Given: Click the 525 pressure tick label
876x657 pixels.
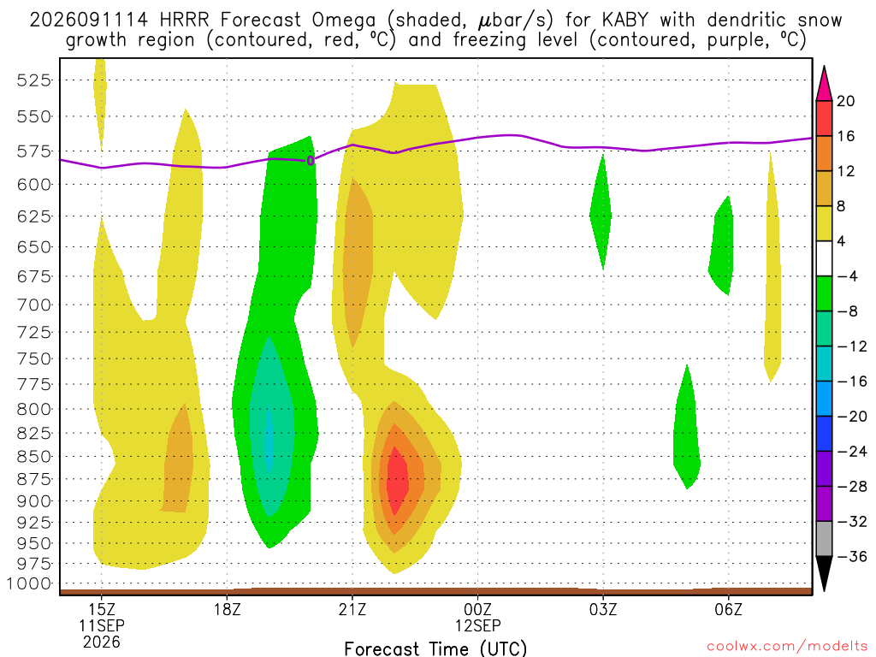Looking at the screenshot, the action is (33, 80).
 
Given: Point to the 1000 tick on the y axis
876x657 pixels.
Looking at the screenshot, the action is (28, 583).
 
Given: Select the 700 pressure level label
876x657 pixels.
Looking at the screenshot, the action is (33, 305).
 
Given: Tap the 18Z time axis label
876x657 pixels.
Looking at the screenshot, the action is (227, 609).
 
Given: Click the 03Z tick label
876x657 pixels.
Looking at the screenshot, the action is (603, 609).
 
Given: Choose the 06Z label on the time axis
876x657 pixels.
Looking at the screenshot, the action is (728, 609).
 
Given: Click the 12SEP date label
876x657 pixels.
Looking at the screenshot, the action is (477, 625).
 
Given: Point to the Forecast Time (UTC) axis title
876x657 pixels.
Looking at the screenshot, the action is (435, 648).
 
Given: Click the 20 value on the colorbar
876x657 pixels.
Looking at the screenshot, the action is (845, 101).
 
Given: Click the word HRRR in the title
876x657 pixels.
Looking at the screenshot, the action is (184, 21).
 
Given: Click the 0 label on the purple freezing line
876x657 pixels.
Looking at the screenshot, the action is (310, 161).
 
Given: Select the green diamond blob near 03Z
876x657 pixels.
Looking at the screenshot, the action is (601, 213).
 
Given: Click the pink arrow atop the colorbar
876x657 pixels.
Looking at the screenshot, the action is (824, 84).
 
